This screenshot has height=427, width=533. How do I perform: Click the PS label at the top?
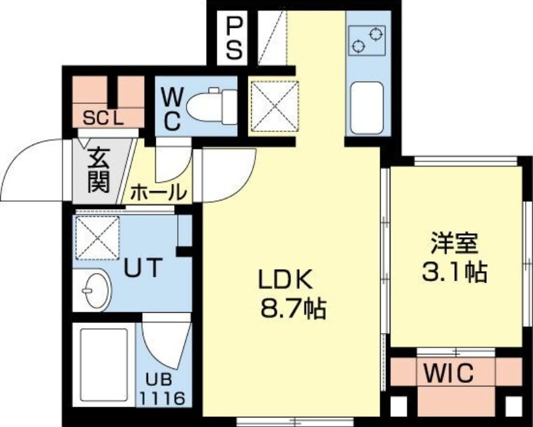(x=233, y=38)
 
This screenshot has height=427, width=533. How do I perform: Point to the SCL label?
(x=103, y=118)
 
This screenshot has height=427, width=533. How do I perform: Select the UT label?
(x=143, y=268)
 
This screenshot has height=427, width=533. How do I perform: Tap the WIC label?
(x=448, y=373)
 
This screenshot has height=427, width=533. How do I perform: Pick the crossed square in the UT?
(x=97, y=235)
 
